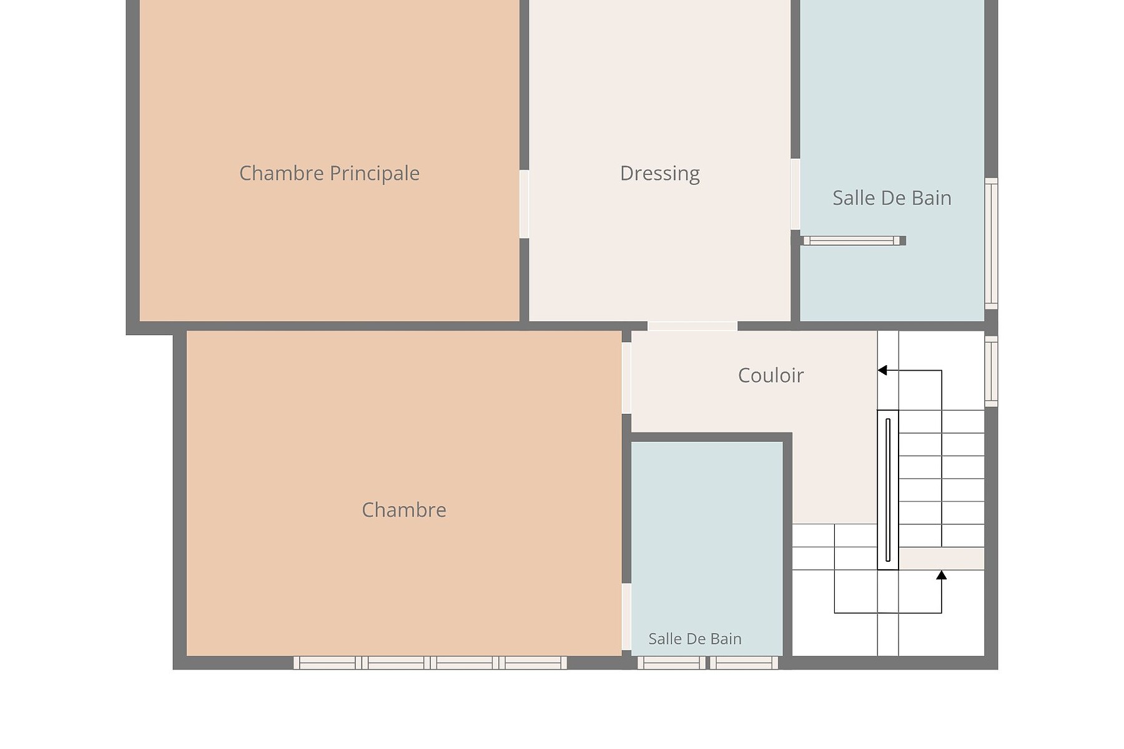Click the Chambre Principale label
(x=329, y=174)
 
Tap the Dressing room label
(x=659, y=174)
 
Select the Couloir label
(x=771, y=375)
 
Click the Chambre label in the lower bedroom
(x=404, y=510)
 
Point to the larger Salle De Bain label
(x=892, y=198)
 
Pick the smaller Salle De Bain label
(x=695, y=639)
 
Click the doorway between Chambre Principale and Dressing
(x=525, y=204)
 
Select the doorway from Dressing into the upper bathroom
(x=796, y=194)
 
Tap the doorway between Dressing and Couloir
(x=693, y=326)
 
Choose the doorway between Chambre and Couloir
(x=626, y=378)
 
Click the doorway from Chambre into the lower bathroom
(x=626, y=617)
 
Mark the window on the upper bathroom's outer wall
(x=991, y=243)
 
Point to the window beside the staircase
(x=991, y=371)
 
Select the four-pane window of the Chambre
(x=430, y=663)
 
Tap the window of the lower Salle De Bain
(x=708, y=663)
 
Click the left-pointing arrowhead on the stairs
(x=882, y=370)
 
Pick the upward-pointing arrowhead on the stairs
(x=941, y=575)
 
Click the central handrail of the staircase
(x=888, y=490)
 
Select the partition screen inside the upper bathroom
(x=854, y=240)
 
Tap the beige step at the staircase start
(x=942, y=559)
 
